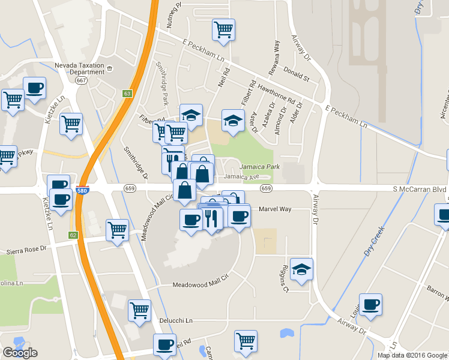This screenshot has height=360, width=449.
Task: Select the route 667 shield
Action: point(82,80)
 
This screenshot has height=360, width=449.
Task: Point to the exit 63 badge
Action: point(127,94)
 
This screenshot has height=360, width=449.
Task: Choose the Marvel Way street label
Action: point(274,209)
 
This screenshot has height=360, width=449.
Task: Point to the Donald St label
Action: point(296,77)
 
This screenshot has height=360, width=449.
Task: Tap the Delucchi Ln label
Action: point(176,320)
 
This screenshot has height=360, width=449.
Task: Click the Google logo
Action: point(20,353)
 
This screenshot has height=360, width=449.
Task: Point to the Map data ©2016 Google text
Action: point(412,355)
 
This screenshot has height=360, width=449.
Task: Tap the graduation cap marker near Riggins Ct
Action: point(301,270)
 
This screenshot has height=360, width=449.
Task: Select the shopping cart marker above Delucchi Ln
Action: point(139,311)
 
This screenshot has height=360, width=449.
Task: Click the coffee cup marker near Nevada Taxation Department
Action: point(34,88)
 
